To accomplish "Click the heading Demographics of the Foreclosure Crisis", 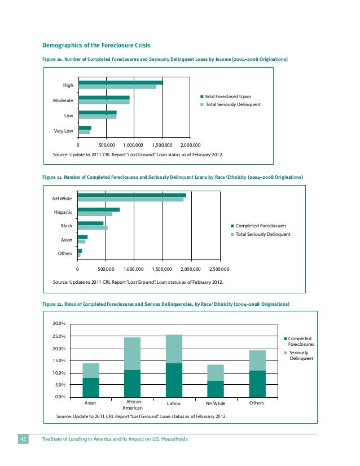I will click(96, 45).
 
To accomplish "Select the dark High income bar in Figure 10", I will click(121, 82).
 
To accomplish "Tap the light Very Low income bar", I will click(84, 133).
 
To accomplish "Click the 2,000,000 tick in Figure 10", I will click(190, 144).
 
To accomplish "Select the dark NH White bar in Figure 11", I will click(131, 195).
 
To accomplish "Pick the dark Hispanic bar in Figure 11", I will click(99, 209).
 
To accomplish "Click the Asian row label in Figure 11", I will click(67, 240).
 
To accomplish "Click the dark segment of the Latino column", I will click(174, 381).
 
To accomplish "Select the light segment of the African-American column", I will click(132, 354).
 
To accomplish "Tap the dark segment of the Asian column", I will click(91, 388).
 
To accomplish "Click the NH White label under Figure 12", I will click(215, 404).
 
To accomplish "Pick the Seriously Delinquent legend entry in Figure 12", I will click(299, 355).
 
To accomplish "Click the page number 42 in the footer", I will click(24, 439).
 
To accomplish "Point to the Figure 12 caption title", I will click(166, 304).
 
